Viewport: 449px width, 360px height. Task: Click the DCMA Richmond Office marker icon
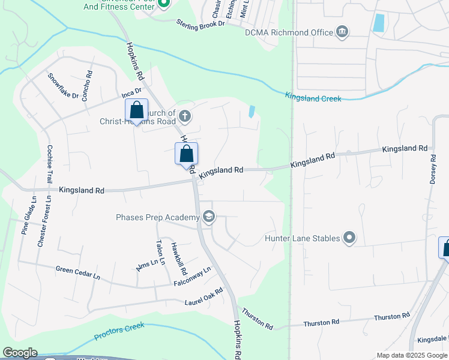342,32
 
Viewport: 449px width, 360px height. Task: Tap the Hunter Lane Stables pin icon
349,238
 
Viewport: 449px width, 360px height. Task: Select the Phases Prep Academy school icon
208,217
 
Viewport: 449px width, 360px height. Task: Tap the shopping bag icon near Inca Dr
136,111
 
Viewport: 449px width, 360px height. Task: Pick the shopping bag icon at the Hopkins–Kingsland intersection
186,154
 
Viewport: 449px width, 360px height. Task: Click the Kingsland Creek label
313,97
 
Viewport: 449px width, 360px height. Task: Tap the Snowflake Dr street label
64,87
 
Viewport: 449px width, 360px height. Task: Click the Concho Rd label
87,86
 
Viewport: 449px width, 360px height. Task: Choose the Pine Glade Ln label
25,214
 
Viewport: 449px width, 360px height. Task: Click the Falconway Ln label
193,277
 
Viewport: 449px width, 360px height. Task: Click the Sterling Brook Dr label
200,23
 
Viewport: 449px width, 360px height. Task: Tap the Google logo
20,353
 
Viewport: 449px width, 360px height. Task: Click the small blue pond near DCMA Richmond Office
378,23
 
